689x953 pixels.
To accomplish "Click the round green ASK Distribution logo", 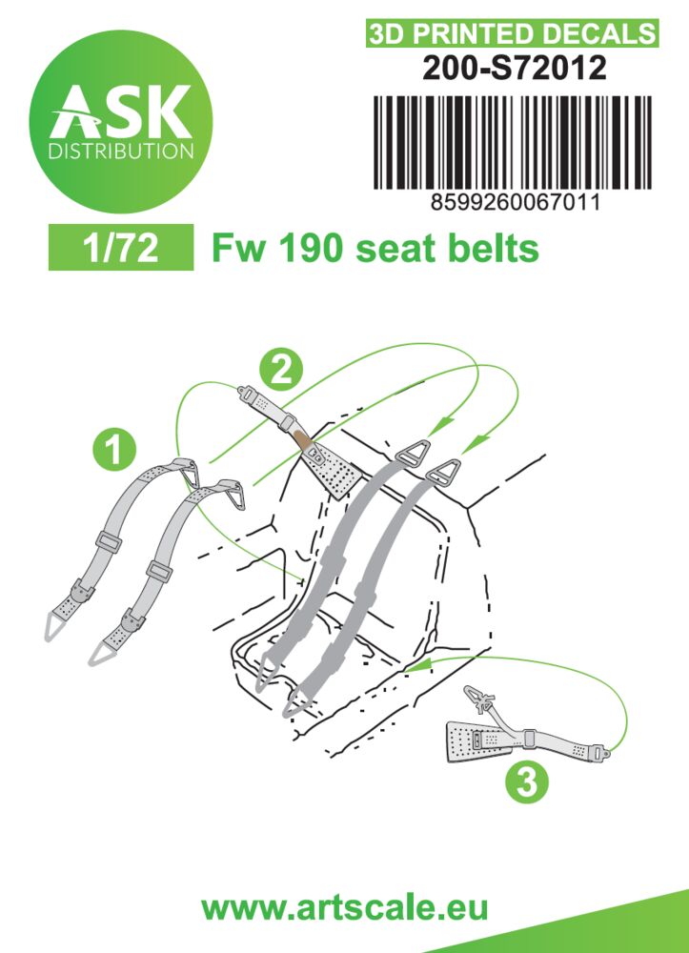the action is point(121,122).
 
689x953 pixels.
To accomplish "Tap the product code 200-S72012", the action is point(514,68).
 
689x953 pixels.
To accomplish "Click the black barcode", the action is point(512,142).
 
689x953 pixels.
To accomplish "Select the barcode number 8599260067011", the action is point(515,202).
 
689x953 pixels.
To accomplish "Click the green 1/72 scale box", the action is point(121,248).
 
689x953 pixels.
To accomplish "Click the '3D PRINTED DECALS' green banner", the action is point(512,34).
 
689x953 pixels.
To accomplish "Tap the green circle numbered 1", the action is point(114,449).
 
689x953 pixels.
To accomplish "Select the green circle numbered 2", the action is point(281,368).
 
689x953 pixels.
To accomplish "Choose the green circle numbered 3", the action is point(526,781).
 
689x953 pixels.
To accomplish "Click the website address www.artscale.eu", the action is point(345,907).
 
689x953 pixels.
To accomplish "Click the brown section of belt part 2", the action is point(303,439).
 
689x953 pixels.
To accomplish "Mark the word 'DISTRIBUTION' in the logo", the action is point(121,151).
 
